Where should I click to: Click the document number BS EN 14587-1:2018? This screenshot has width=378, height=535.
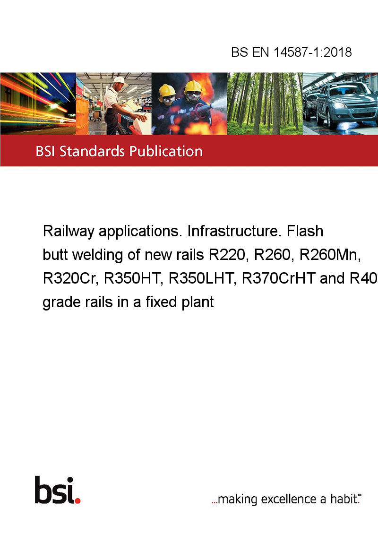click(292, 52)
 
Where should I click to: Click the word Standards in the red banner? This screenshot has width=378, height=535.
click(92, 151)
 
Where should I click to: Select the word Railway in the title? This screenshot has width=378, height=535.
click(69, 232)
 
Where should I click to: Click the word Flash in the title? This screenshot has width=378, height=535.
click(305, 231)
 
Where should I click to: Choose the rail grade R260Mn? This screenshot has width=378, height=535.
click(330, 255)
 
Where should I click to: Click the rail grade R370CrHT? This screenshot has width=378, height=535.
click(278, 279)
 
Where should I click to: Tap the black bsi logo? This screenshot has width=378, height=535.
click(55, 490)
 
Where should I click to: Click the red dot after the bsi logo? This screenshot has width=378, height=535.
click(77, 500)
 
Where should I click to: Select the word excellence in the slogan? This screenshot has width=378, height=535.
click(289, 499)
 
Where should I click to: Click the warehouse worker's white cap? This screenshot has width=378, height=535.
click(120, 80)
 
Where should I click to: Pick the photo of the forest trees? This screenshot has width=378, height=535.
click(265, 104)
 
